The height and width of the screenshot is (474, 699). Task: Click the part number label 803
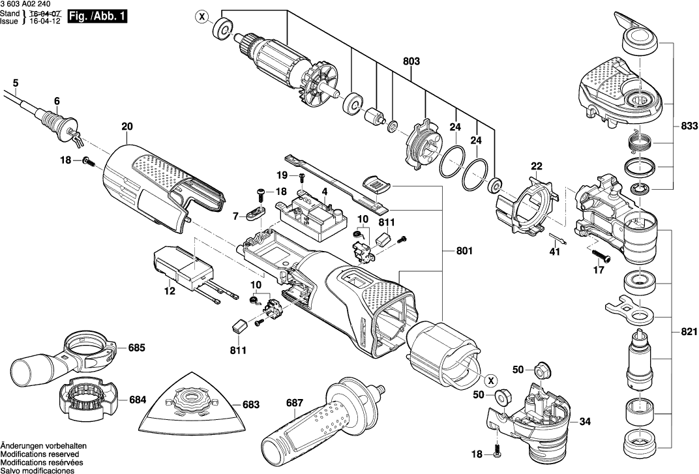[411, 61]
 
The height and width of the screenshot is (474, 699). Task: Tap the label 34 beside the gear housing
[585, 422]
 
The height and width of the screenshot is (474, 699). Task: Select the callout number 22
[536, 166]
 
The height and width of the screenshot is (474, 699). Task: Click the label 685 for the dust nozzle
[136, 348]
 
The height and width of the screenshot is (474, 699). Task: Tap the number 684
[137, 399]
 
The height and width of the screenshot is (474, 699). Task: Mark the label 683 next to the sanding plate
[251, 404]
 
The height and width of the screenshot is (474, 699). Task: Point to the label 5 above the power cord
[16, 82]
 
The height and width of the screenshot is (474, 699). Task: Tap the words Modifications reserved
[40, 454]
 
